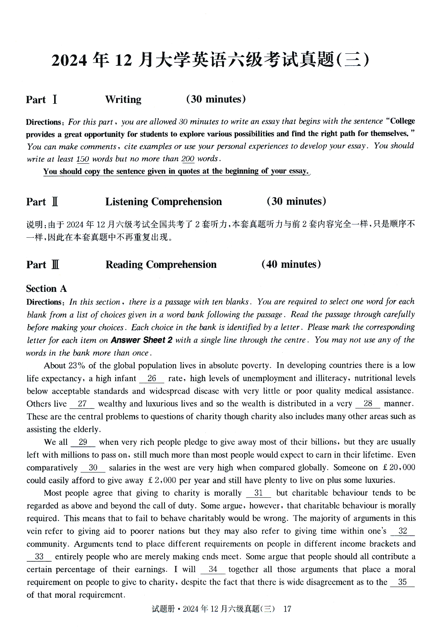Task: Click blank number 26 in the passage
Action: click(x=152, y=378)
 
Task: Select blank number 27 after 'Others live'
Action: click(x=82, y=404)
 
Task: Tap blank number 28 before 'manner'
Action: click(x=367, y=404)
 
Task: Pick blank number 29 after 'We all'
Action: click(x=83, y=442)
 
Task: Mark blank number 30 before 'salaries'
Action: click(x=93, y=468)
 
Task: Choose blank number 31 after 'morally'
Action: click(x=259, y=493)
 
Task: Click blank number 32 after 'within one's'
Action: click(x=403, y=531)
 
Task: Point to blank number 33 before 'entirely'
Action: click(x=39, y=557)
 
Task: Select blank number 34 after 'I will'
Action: click(x=213, y=570)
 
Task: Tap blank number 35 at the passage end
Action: click(x=402, y=582)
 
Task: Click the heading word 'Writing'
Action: click(x=123, y=100)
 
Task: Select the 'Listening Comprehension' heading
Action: click(x=163, y=202)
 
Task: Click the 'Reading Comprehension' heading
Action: click(x=161, y=265)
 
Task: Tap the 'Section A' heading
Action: click(x=46, y=289)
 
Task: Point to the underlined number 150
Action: click(x=83, y=159)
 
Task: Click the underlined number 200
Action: click(x=188, y=159)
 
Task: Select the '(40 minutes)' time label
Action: click(x=291, y=265)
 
